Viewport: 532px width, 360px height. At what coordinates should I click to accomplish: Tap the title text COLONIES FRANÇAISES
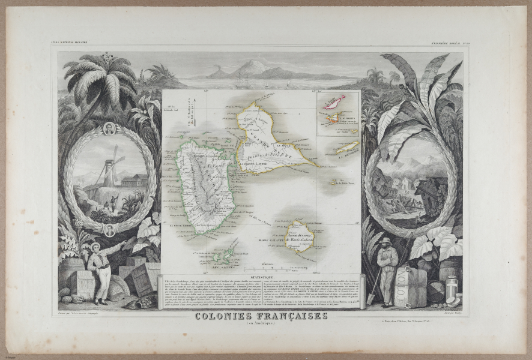(x=261, y=316)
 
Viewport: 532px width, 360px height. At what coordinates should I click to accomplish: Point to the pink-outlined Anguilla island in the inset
(x=334, y=101)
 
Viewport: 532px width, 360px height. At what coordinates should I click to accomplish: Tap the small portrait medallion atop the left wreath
(x=109, y=127)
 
